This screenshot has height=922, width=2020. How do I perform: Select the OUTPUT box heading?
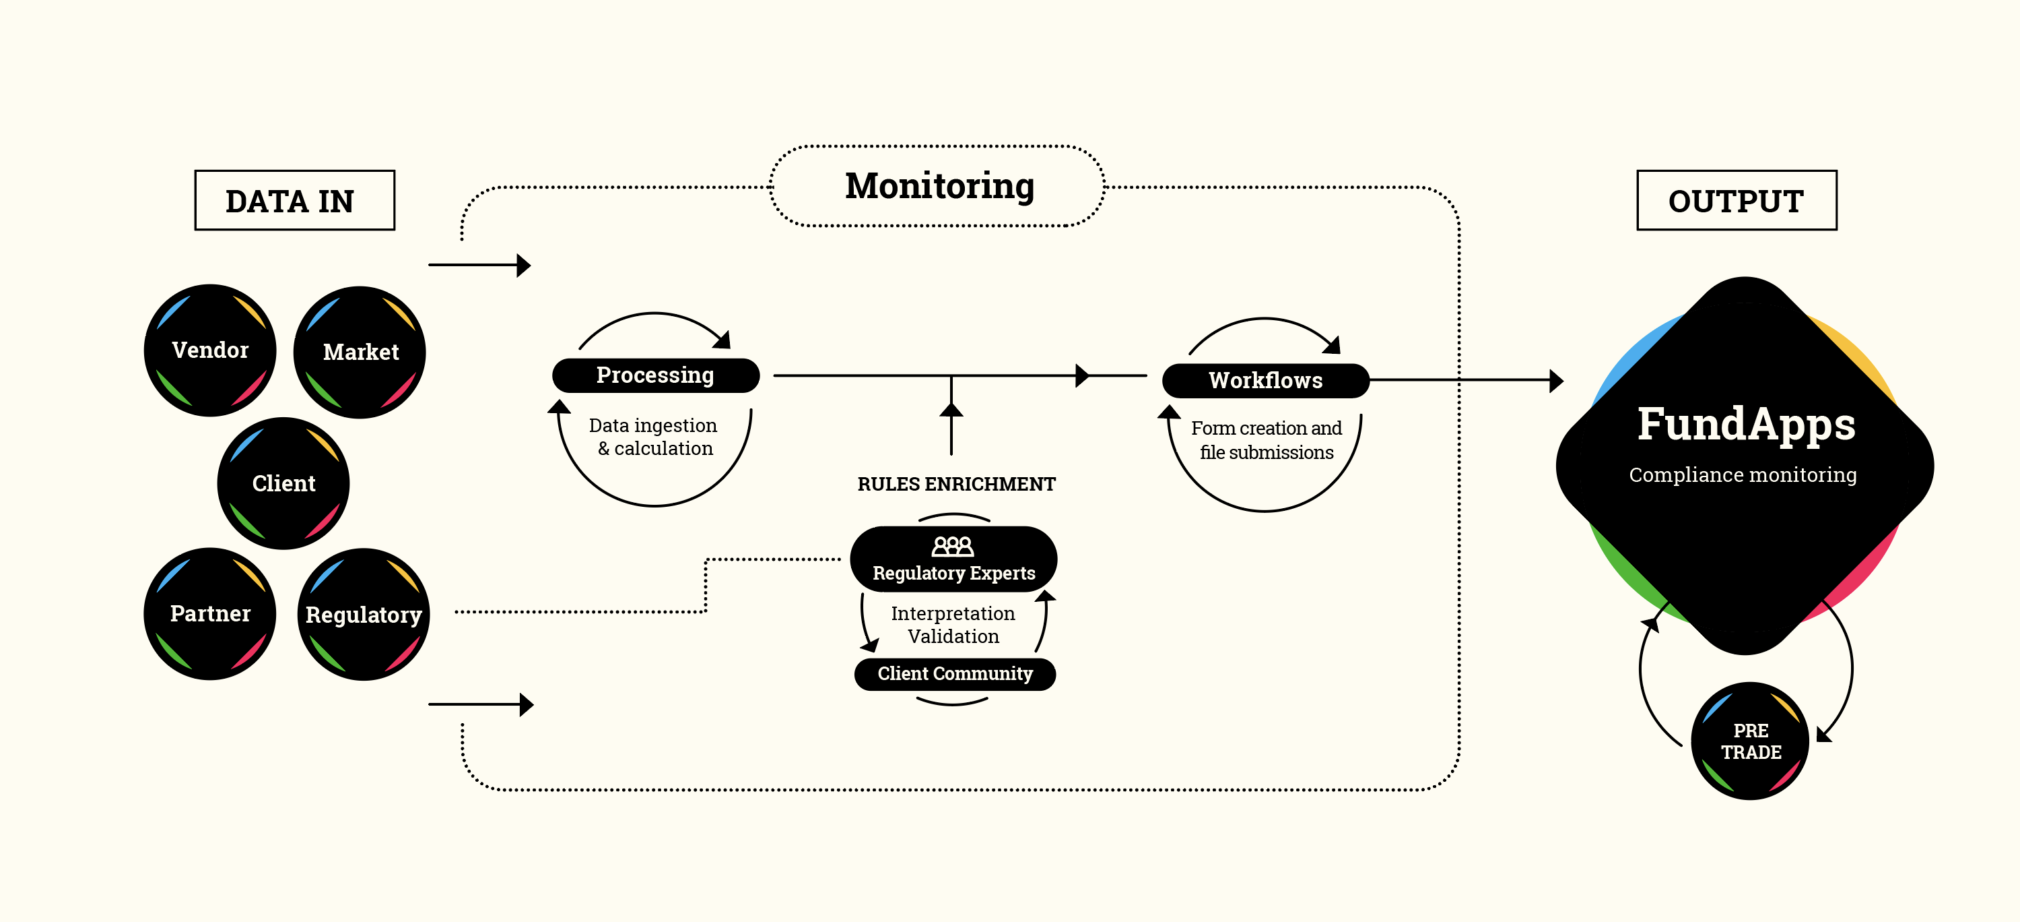point(1735,201)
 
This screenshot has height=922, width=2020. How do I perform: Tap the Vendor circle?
point(210,350)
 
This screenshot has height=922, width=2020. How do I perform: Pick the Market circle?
point(360,352)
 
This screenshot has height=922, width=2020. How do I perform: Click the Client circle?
point(283,483)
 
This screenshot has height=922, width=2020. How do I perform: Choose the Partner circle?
point(210,613)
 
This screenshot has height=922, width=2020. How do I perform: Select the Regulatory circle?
point(363,615)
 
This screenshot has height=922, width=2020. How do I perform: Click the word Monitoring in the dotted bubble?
point(939,186)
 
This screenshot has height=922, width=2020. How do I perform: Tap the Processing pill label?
point(656,375)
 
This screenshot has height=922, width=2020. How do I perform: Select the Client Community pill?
point(954,674)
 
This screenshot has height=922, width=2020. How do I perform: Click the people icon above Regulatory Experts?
point(952,546)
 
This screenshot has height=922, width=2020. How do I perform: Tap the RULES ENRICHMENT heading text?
point(956,484)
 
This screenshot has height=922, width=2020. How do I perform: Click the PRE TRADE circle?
point(1749,741)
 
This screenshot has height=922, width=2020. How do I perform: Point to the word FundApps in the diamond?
point(1745,425)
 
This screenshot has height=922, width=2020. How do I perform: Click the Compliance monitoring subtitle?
point(1743,474)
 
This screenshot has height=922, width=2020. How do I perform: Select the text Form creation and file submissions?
point(1266,440)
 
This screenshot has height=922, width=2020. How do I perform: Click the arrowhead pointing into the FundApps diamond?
point(1557,381)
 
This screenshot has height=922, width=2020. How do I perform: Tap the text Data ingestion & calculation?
point(654,437)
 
